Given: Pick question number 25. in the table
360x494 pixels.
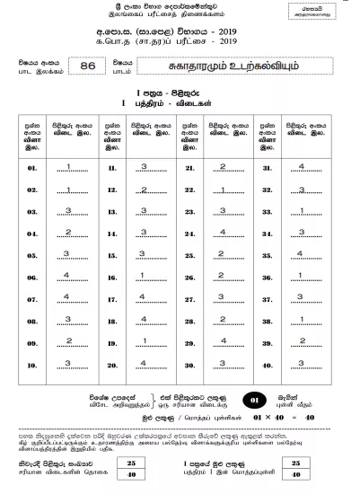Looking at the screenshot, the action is (188, 255).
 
